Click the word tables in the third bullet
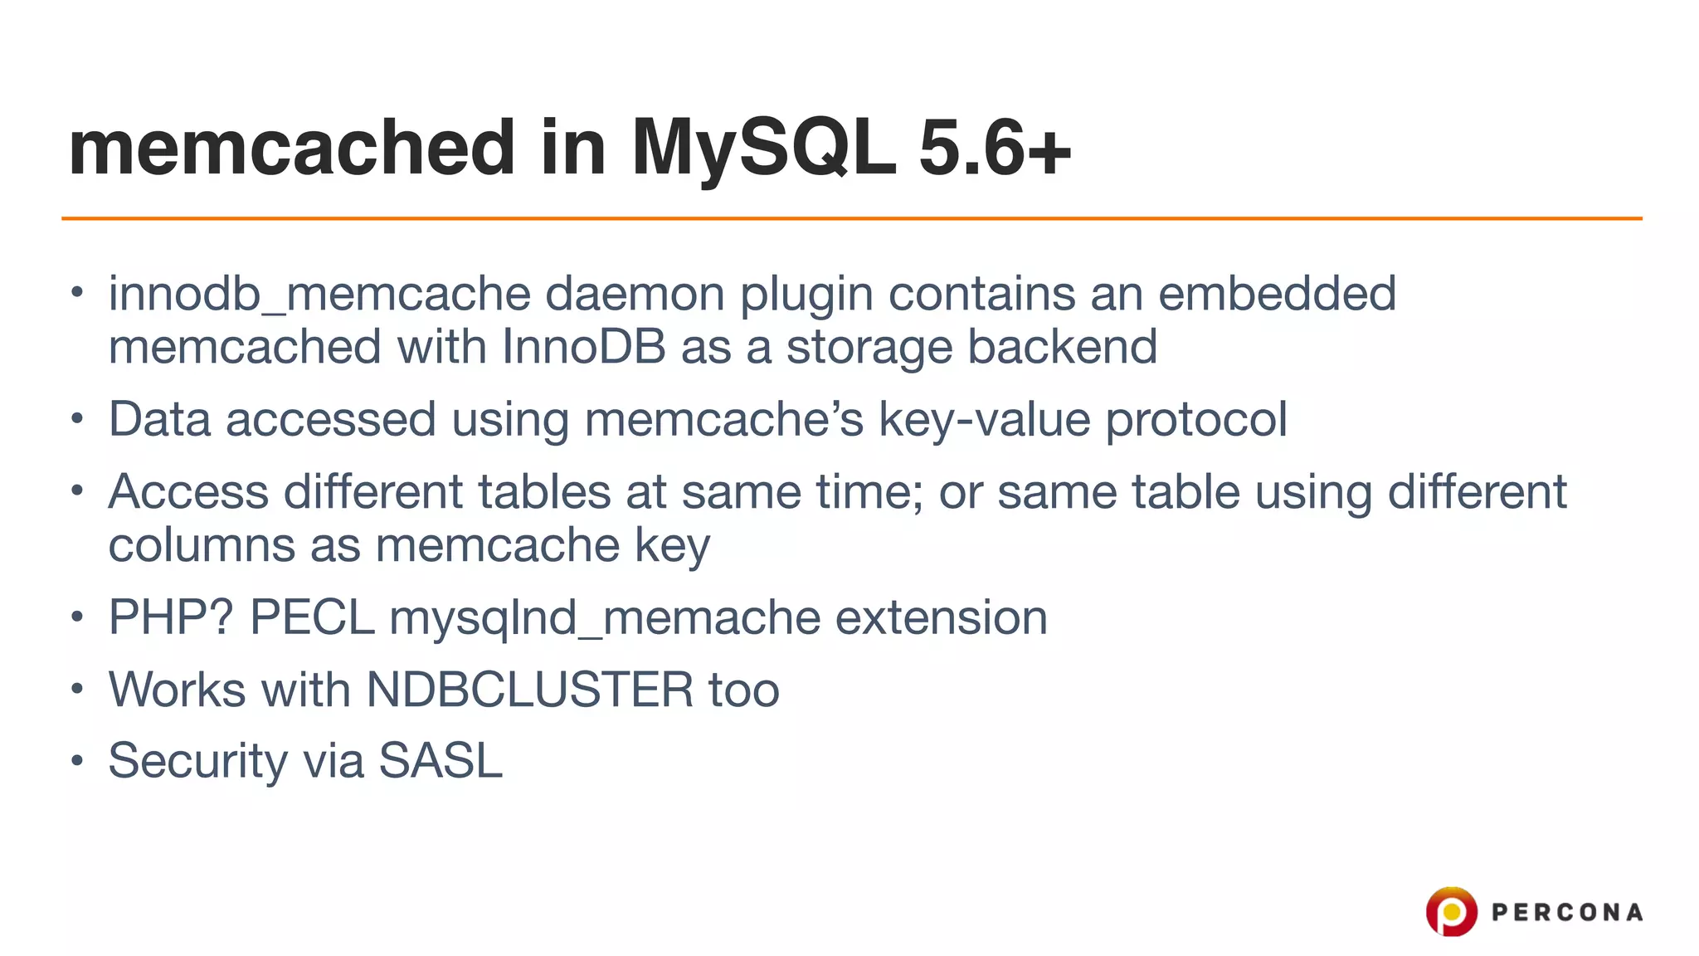544,492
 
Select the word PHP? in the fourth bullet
171,618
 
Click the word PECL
312,618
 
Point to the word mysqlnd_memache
604,618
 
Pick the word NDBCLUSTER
529,690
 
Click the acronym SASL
441,761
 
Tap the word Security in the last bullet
197,761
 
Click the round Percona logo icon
1451,911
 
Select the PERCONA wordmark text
1566,913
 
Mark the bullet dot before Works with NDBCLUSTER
77,689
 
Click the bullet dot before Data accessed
77,418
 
